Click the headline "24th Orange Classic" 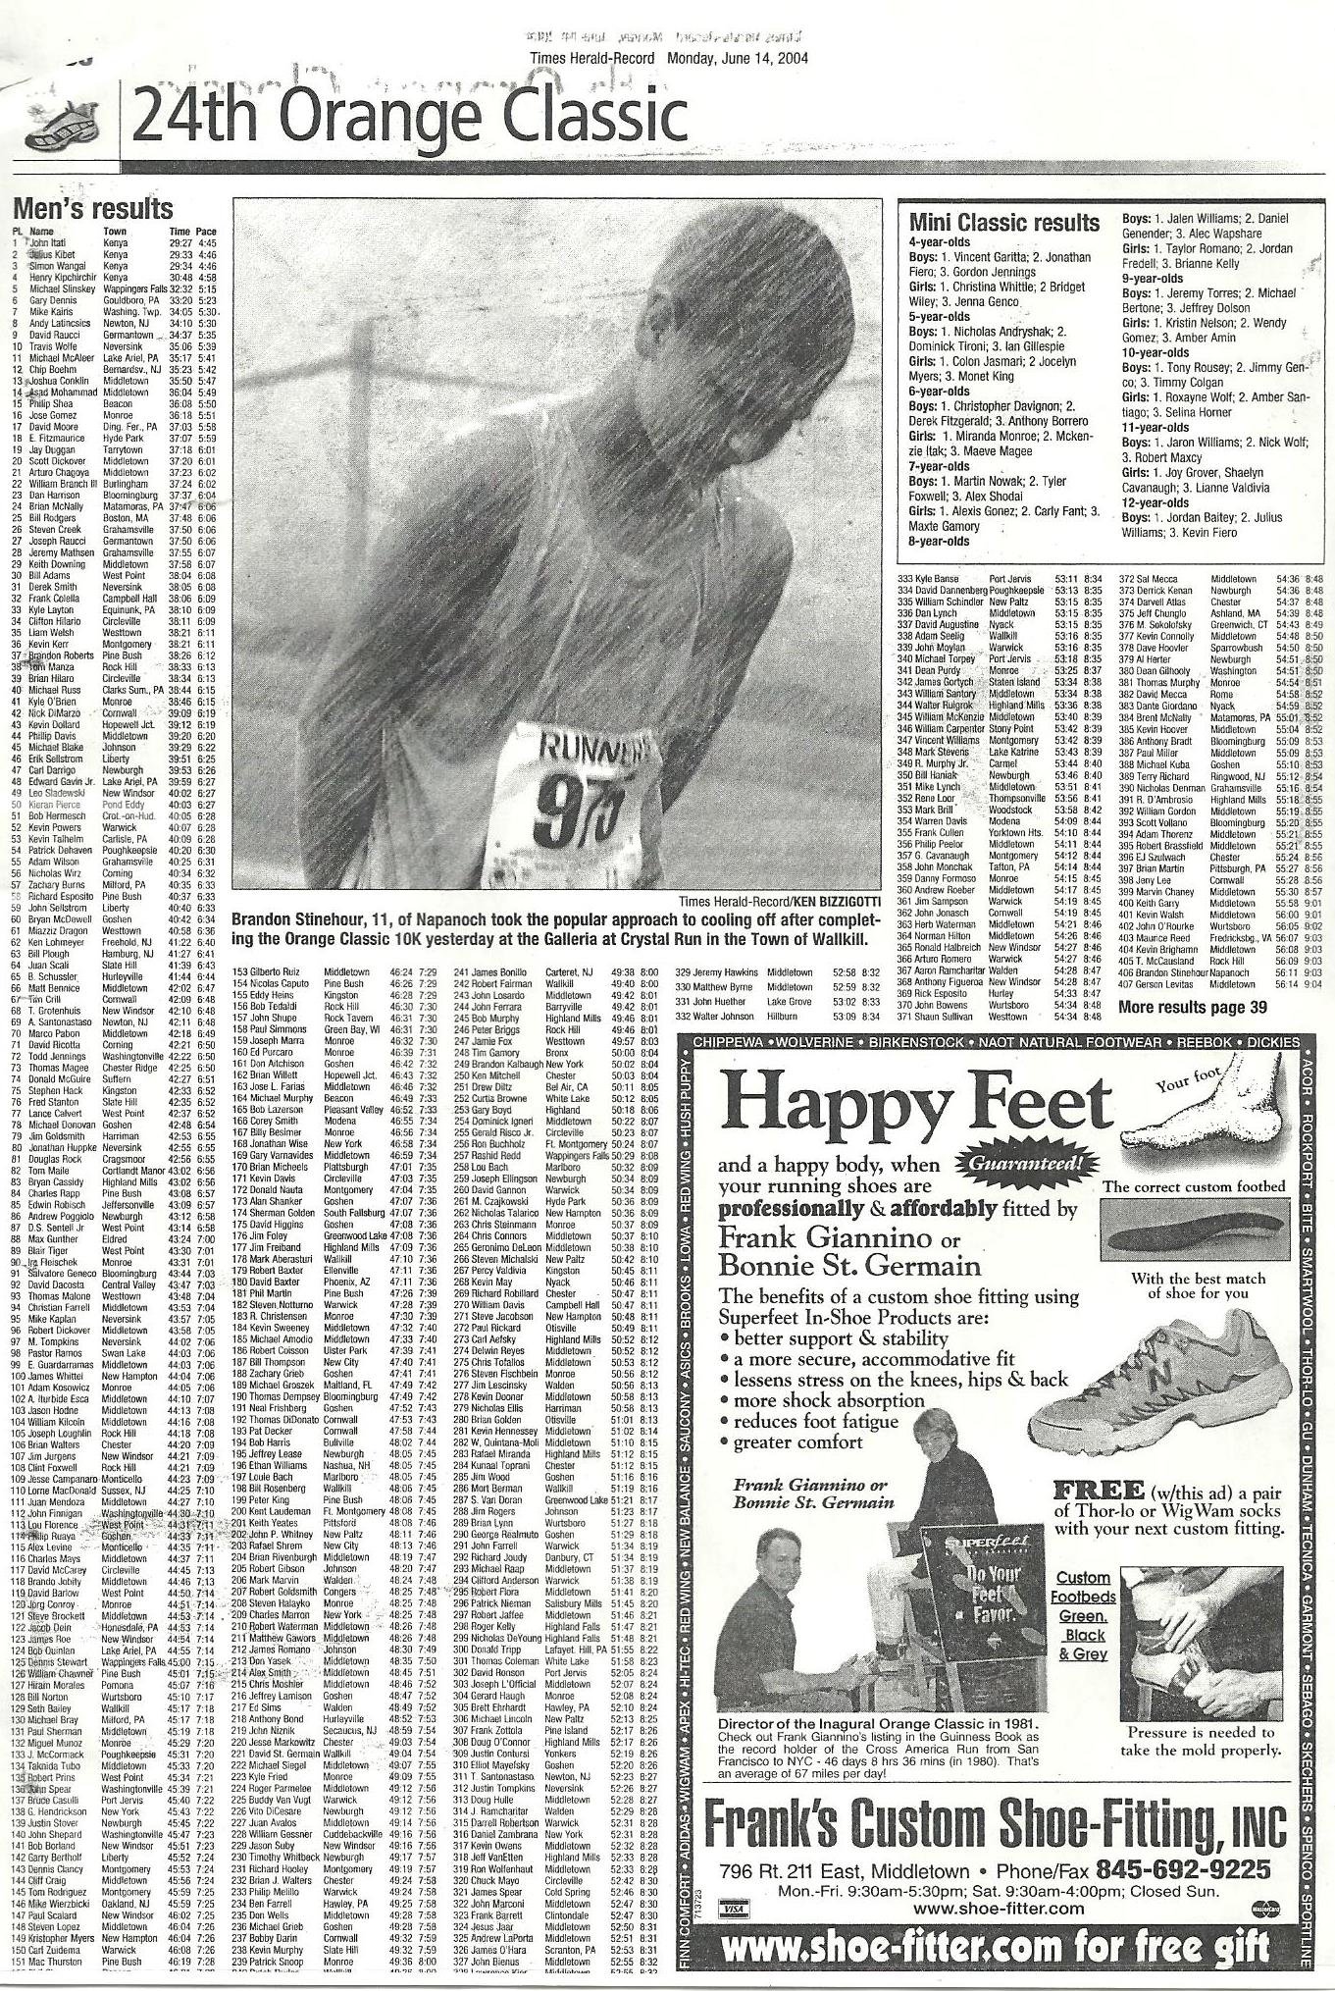(407, 119)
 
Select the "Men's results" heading (92, 209)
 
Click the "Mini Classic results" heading (1003, 224)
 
